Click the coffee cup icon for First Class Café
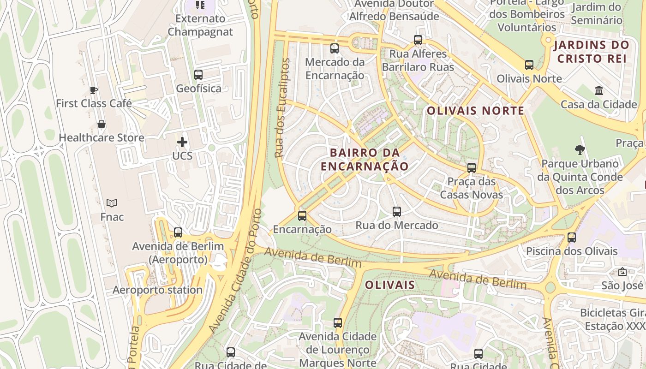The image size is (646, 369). point(94,90)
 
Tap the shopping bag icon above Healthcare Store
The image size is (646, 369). point(102,124)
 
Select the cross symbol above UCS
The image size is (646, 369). point(182,142)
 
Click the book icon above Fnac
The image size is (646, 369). point(112,203)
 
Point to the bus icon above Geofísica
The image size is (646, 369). point(198,75)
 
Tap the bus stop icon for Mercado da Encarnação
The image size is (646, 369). point(335,48)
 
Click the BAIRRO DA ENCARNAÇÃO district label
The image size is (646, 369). point(365,159)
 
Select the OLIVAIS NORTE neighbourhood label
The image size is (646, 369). point(475,111)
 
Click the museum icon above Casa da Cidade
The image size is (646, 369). point(599,90)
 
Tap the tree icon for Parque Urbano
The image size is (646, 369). point(580,149)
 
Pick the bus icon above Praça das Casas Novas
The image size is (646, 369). point(472,168)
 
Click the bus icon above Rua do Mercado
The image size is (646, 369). point(397,212)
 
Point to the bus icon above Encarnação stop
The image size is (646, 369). point(302,215)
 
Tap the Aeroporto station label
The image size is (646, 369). point(157,290)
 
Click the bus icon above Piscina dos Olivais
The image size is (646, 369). point(572,238)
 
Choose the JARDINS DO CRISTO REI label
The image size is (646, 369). point(592,52)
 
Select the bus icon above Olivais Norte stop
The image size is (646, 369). point(529,65)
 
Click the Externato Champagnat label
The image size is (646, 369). point(200,25)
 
